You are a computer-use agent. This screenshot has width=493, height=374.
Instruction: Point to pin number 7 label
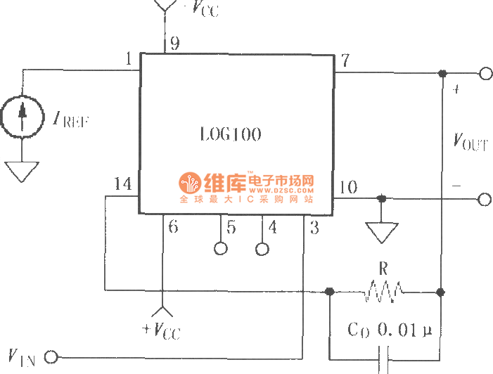point(345,60)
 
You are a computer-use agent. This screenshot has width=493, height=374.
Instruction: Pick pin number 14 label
point(122,185)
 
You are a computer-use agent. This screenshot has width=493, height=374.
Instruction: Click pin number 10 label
point(348,187)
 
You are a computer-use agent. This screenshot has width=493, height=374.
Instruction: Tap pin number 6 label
point(173,226)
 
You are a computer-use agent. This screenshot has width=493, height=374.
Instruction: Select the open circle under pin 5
point(221,249)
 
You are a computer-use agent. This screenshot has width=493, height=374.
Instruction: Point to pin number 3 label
point(314,226)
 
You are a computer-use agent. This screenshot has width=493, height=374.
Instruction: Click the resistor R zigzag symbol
point(383,290)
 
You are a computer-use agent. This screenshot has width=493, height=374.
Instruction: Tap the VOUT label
point(469,142)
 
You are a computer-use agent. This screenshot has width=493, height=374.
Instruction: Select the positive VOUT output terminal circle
point(485,73)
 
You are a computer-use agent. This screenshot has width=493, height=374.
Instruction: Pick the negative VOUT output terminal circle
point(485,200)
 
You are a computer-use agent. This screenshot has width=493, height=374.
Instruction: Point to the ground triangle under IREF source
point(23,170)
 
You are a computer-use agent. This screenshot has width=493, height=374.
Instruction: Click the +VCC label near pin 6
point(162,329)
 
